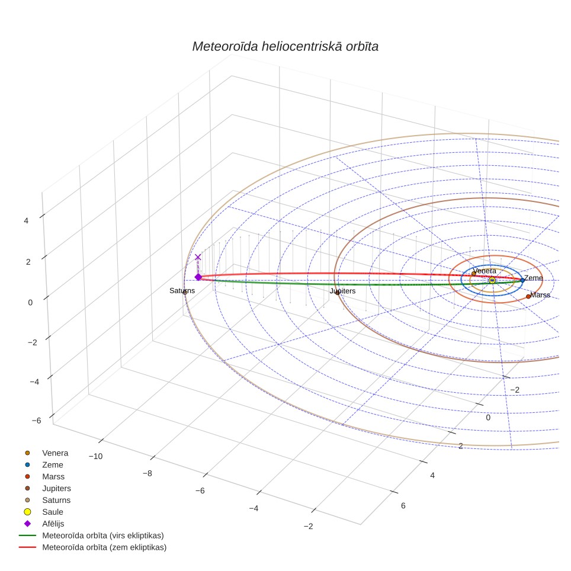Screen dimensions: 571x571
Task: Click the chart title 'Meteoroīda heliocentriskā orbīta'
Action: (285, 47)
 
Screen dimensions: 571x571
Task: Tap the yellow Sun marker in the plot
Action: (492, 280)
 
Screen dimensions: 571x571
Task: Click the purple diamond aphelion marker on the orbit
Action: (198, 277)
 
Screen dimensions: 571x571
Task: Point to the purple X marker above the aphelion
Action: (198, 257)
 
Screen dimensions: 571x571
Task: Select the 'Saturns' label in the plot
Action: (182, 291)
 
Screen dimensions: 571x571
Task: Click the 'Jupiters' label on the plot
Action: (343, 291)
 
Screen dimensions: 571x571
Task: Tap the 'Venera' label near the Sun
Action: (485, 271)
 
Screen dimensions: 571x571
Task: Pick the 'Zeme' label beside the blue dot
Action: (533, 278)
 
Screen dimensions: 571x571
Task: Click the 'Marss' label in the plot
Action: (540, 295)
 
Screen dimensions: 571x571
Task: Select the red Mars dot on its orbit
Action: (528, 296)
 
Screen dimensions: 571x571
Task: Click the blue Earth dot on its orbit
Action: (522, 280)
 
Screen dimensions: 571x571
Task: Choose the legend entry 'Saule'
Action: (53, 512)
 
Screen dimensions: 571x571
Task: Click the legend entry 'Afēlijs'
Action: (53, 524)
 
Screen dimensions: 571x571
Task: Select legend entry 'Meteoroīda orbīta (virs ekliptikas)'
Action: (103, 535)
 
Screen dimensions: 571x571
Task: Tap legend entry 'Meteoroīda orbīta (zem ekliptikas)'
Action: (104, 547)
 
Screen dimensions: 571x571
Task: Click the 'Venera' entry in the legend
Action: (55, 453)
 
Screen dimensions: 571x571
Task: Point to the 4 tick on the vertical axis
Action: (26, 221)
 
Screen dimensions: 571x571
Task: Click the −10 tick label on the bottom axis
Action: (96, 456)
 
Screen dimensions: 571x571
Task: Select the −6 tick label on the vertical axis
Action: (36, 421)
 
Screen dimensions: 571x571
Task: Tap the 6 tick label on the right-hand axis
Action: (403, 506)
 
